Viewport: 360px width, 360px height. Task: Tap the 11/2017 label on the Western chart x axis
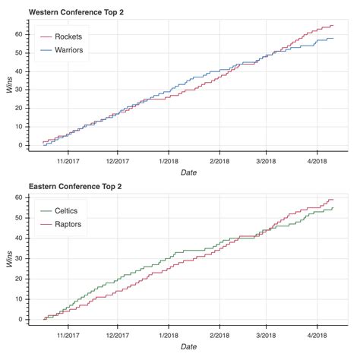point(68,161)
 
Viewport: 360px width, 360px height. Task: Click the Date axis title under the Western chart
point(189,173)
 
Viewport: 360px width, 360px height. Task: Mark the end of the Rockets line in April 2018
point(333,25)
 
